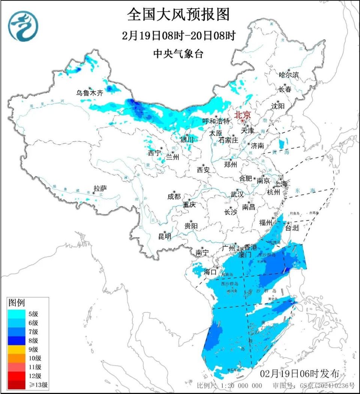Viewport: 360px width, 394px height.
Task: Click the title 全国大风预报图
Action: coord(178,15)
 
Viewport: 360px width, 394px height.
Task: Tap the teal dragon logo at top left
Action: coord(24,26)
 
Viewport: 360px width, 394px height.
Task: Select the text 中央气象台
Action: coord(178,54)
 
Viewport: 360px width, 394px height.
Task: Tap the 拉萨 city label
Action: coord(100,188)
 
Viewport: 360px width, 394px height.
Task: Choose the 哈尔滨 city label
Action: coord(289,75)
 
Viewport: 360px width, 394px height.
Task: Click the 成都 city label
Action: coord(174,196)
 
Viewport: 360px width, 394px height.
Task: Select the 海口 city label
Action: coord(210,272)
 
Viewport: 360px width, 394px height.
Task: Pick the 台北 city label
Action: coord(292,227)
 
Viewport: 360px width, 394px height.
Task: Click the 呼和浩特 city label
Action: coord(216,121)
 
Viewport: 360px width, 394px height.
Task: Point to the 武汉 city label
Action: coord(237,194)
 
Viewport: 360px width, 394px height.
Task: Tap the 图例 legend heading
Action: coord(16,303)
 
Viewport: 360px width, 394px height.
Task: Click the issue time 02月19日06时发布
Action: coord(300,373)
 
